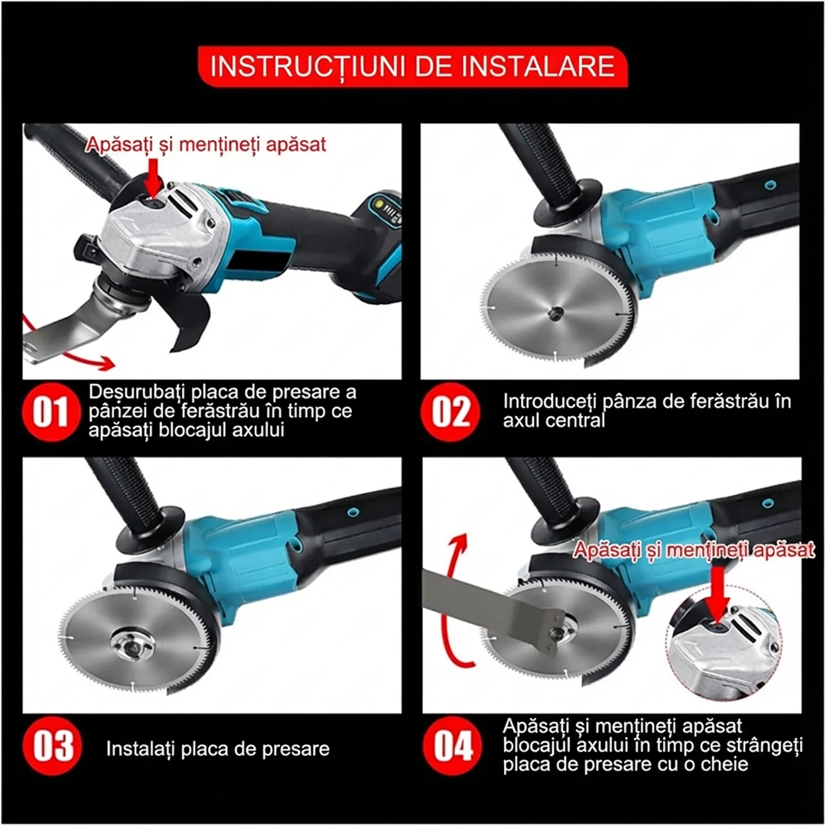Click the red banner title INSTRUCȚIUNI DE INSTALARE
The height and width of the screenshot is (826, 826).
click(412, 67)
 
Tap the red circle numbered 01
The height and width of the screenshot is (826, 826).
click(50, 412)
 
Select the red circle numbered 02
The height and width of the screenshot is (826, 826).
click(450, 411)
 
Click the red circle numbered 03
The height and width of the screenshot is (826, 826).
click(52, 746)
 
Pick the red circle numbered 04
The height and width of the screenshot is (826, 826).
click(453, 746)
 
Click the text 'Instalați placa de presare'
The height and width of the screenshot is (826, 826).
click(217, 748)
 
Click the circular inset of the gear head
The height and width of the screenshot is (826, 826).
click(724, 642)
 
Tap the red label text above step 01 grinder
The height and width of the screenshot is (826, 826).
click(206, 144)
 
